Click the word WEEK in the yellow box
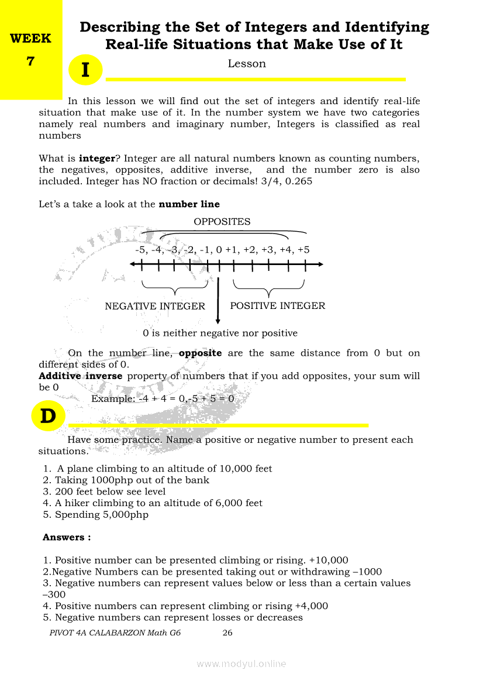point(31,39)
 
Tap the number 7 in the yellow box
point(31,60)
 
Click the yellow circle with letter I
point(85,70)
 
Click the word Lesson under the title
point(247,64)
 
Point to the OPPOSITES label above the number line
point(222,222)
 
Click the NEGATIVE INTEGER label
point(155,306)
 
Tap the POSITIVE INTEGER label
point(278,305)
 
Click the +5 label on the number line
point(303,250)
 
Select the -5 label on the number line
point(140,250)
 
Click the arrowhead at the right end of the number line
point(320,264)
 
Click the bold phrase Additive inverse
point(81,376)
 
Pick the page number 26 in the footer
point(227,633)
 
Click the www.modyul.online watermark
point(241,664)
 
